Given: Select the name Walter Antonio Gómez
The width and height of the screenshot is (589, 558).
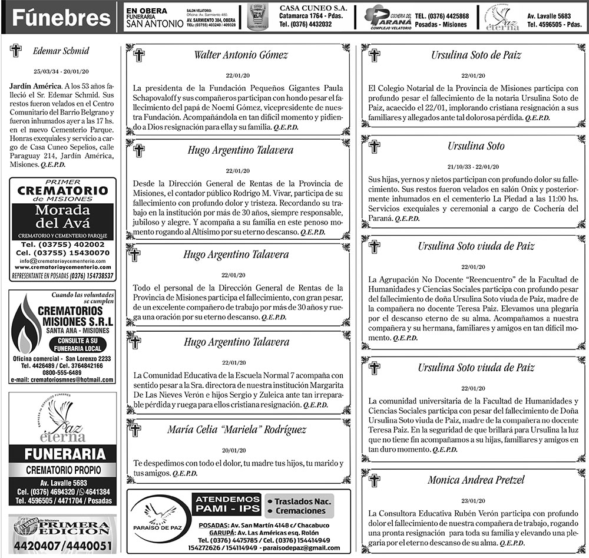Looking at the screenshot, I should [241, 55].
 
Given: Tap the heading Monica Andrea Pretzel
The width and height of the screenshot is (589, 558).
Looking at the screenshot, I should [475, 480].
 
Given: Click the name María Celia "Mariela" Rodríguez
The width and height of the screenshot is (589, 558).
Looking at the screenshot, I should [237, 430].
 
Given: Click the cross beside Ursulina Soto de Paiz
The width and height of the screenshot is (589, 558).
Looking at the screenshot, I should [373, 55].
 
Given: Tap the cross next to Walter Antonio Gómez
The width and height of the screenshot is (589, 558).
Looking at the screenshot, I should [139, 55].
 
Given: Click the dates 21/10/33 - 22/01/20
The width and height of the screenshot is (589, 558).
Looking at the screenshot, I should [473, 166].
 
